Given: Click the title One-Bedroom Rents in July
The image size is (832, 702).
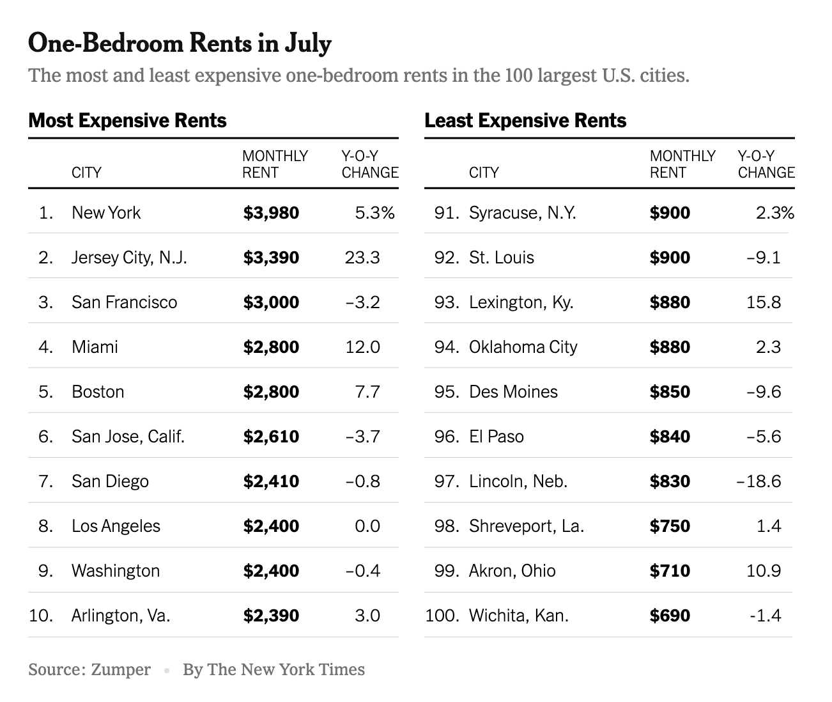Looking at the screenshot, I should [180, 43].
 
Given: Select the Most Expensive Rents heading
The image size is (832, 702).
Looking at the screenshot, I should [128, 121].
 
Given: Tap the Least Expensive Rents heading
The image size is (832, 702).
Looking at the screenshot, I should [525, 121].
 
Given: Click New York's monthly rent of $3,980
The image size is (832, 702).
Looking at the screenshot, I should [271, 213].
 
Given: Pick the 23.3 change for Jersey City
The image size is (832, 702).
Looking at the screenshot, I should [362, 258].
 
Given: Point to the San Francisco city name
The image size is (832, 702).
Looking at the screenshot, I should [125, 302].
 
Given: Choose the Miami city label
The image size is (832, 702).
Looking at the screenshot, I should [95, 347].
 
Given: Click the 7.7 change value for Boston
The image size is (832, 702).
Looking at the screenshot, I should [367, 392].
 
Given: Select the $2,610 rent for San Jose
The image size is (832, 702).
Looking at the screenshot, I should [271, 437].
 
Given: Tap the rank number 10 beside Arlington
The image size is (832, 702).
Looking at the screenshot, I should [41, 616].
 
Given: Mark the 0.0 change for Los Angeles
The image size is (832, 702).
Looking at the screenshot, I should [367, 526].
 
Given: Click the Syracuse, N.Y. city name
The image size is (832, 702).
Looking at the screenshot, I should [523, 213].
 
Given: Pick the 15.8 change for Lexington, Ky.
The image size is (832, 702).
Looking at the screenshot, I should [764, 302].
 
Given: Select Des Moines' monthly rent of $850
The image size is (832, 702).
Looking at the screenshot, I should [670, 392].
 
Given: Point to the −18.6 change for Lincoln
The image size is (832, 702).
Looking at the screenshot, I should [759, 481].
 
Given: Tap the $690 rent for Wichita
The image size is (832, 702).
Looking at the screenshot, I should [670, 616].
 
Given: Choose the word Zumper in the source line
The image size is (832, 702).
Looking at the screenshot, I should [121, 669].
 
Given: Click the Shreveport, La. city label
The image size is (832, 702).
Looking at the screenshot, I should [527, 526].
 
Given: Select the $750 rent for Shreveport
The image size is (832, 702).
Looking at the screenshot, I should [670, 526].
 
